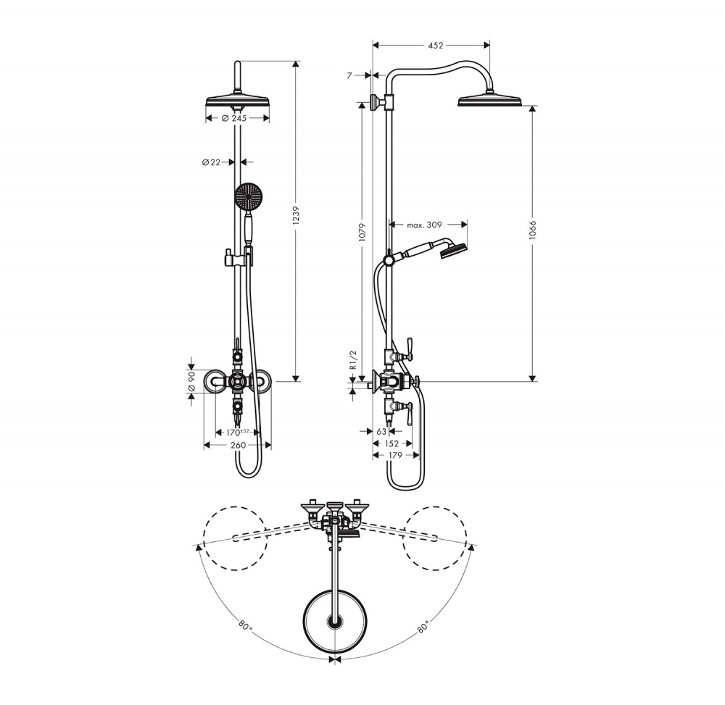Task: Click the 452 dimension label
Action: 435,45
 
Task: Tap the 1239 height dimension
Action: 297,215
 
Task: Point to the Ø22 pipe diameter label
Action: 211,162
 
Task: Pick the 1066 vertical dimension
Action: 532,230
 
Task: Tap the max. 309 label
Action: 424,225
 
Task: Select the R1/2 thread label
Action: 354,359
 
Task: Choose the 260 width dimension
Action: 238,445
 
